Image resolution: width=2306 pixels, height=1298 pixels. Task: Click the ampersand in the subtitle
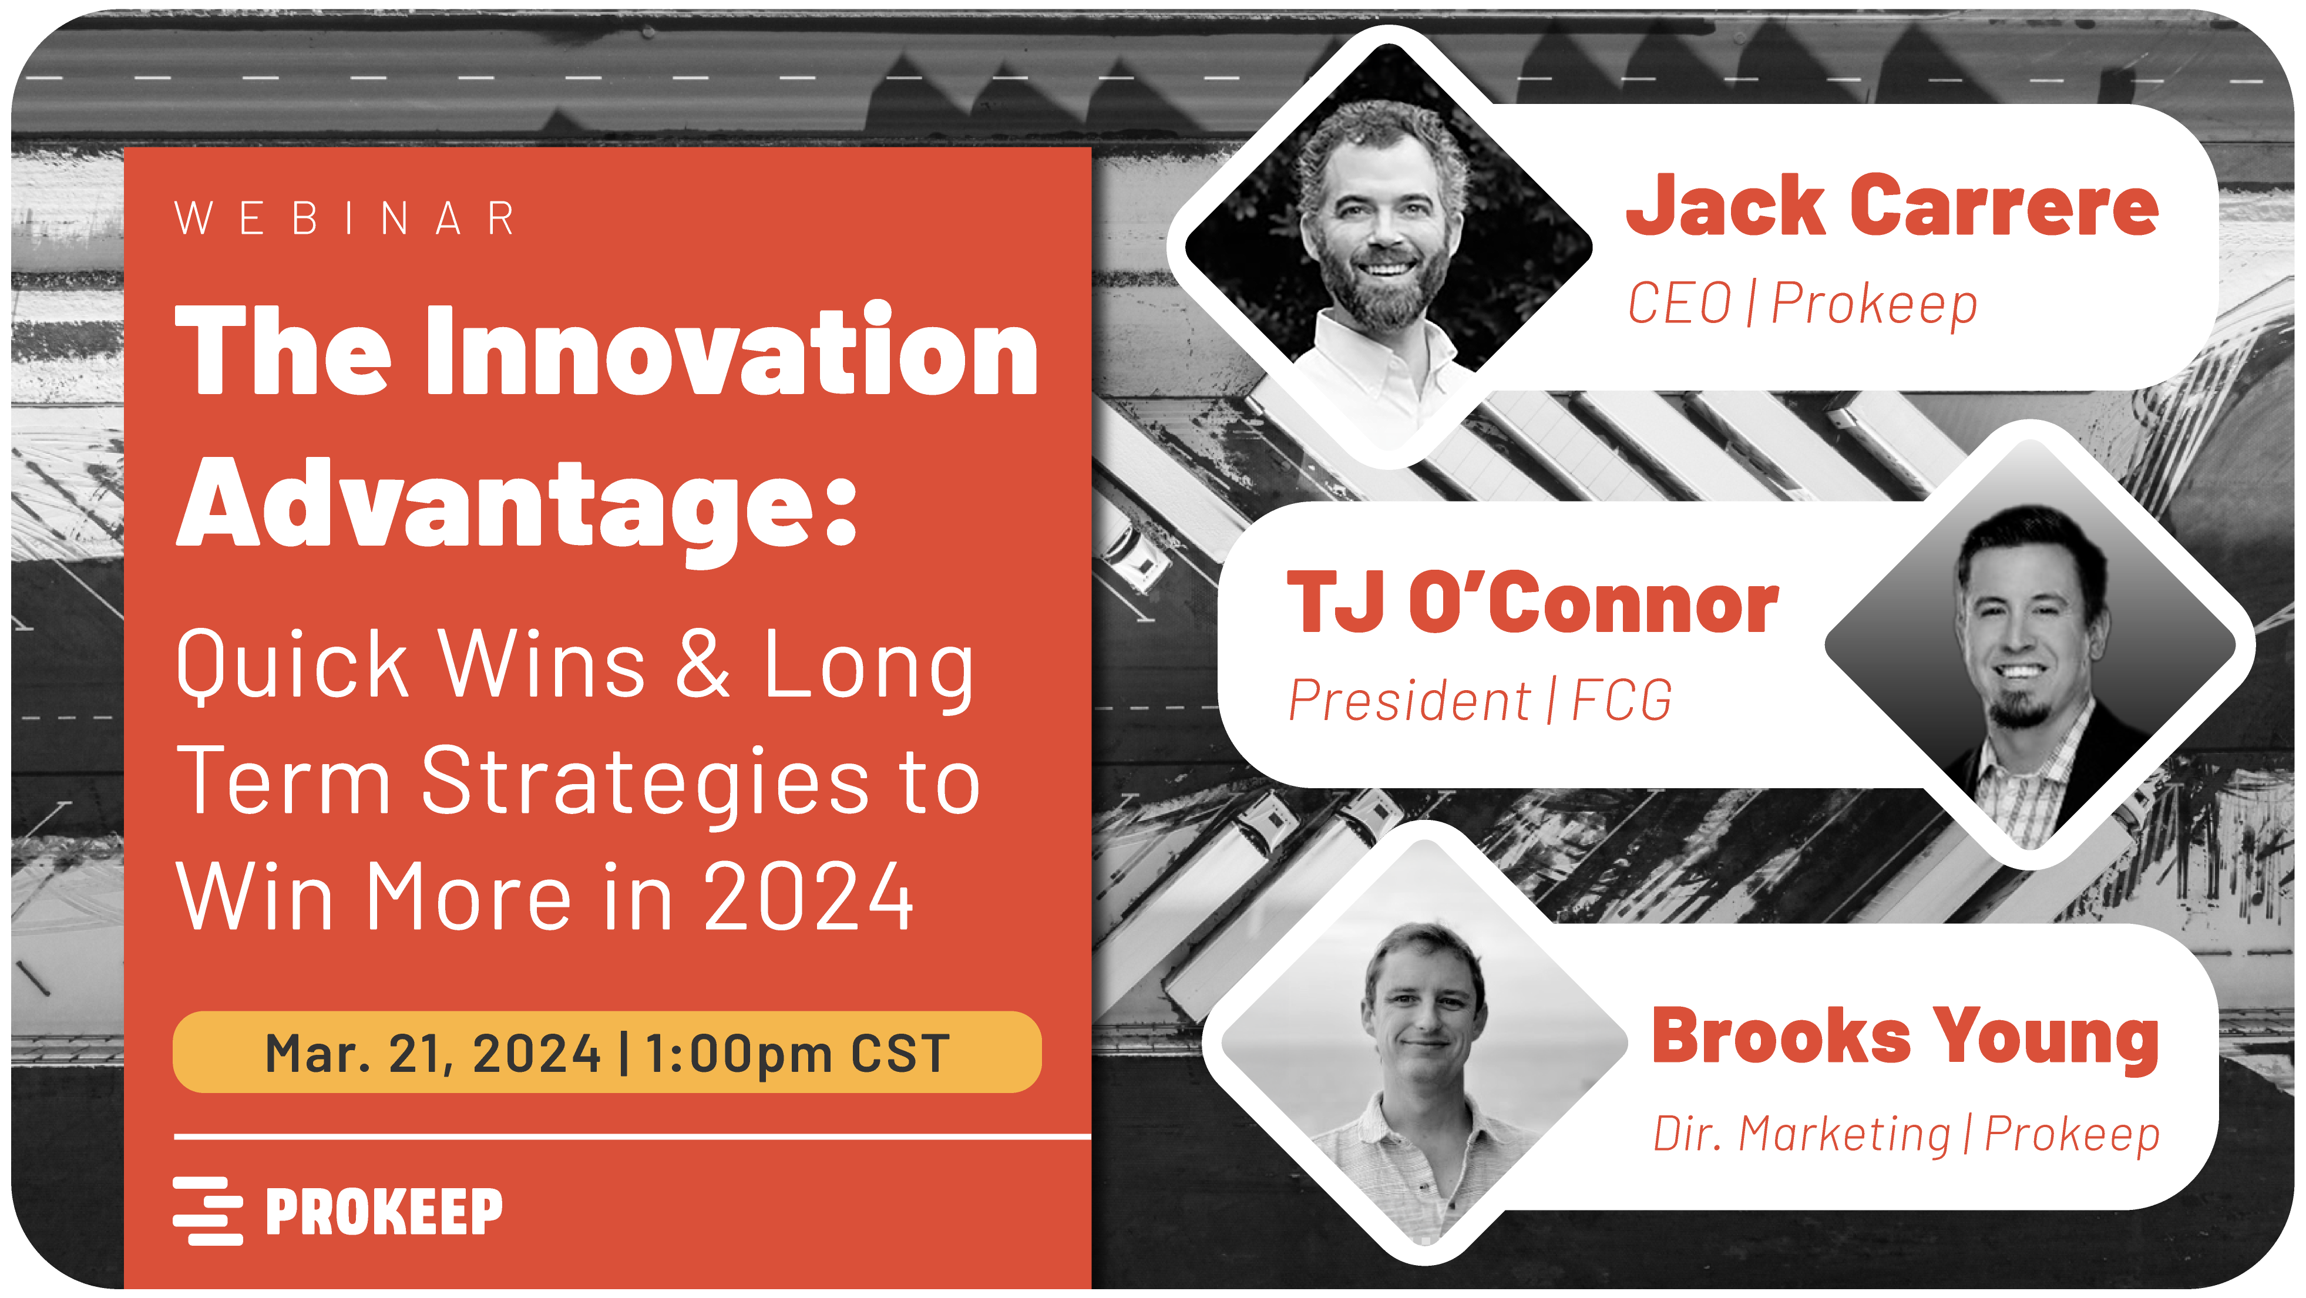point(702,664)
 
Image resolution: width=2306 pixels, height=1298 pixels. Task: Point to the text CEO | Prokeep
point(1801,304)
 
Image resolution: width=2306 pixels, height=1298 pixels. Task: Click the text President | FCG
point(1479,700)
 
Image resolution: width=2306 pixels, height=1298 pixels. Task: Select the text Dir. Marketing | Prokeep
point(1905,1134)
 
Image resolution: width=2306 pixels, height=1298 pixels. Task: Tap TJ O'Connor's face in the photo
point(2025,631)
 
